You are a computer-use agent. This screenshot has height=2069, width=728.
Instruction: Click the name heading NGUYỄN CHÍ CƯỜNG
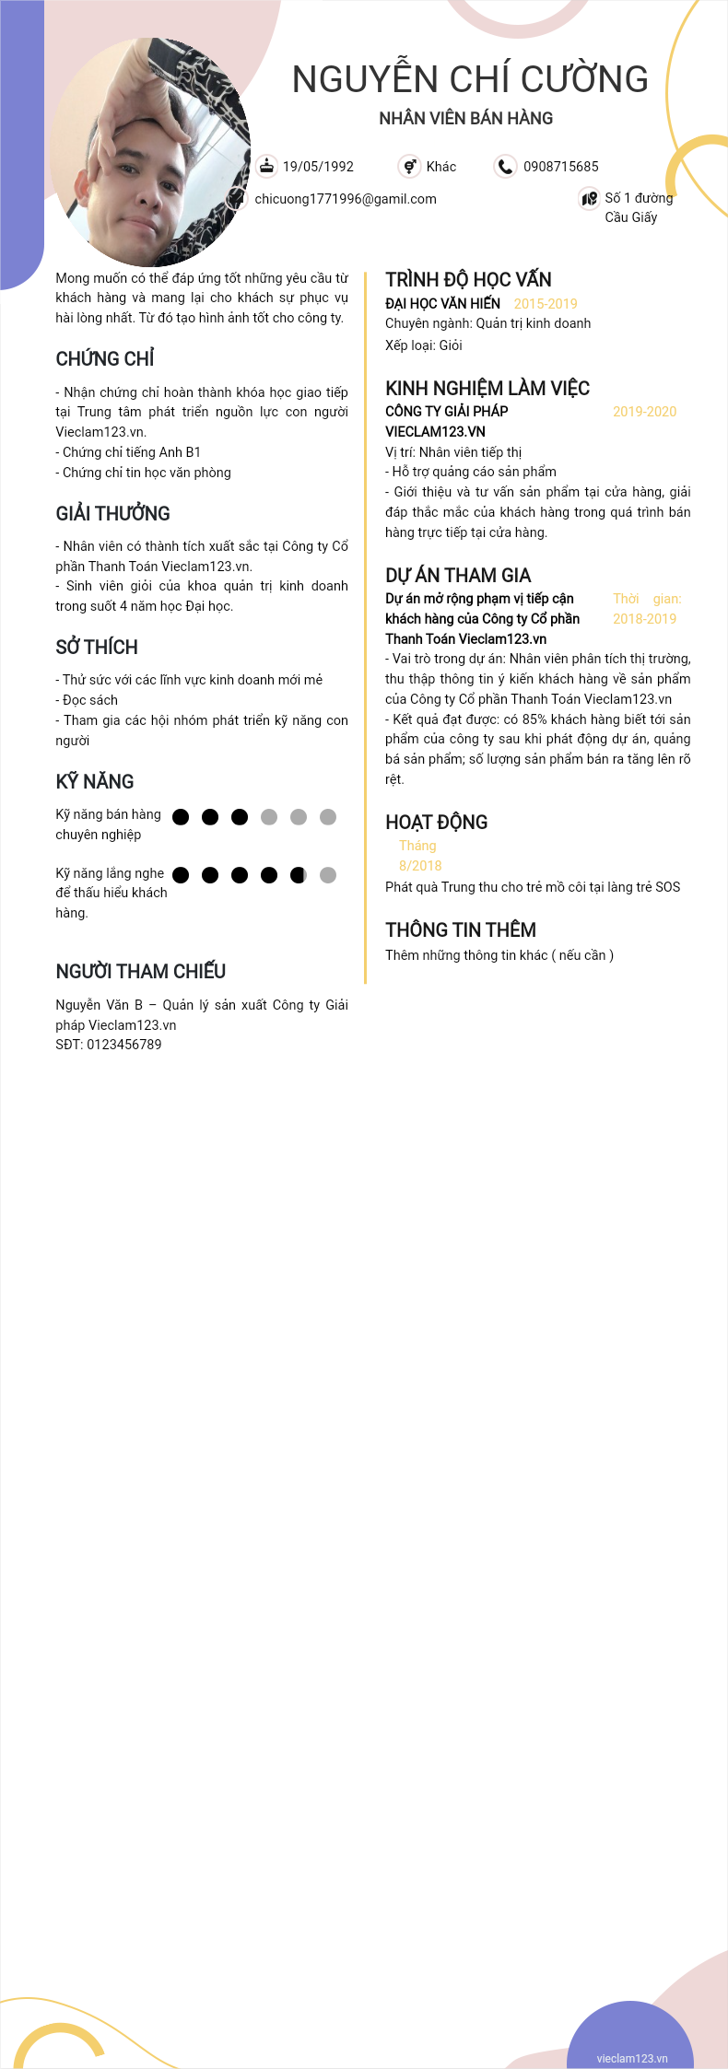(x=470, y=80)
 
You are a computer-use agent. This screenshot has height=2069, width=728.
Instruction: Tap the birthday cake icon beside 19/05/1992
(x=266, y=166)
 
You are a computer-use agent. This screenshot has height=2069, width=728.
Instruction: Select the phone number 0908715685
(x=560, y=167)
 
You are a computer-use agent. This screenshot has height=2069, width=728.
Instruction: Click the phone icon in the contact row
(x=505, y=166)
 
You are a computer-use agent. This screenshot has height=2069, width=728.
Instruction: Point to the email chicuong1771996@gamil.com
(x=346, y=199)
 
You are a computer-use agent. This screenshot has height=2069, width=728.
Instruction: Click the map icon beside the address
(x=589, y=198)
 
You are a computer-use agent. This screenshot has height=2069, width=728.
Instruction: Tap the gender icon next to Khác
(x=409, y=166)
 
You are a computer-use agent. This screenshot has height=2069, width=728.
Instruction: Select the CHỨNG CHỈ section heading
(x=105, y=359)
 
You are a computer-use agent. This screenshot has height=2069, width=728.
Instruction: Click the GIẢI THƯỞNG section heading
(x=112, y=514)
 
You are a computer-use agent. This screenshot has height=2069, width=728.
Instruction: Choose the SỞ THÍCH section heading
(x=97, y=648)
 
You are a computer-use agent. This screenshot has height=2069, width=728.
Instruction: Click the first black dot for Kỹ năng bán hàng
(x=181, y=817)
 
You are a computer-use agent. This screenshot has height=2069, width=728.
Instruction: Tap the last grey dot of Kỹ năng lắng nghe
(x=328, y=875)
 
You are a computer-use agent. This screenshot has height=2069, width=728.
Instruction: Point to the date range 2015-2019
(x=546, y=304)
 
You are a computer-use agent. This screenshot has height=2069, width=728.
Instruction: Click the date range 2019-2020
(x=644, y=412)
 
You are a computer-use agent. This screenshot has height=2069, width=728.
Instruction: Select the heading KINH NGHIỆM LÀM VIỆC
(x=487, y=389)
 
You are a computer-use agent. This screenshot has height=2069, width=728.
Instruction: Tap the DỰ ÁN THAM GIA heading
(x=458, y=576)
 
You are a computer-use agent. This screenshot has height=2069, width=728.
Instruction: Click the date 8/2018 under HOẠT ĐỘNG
(x=420, y=866)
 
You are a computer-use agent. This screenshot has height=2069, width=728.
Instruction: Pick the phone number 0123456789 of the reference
(x=123, y=1045)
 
